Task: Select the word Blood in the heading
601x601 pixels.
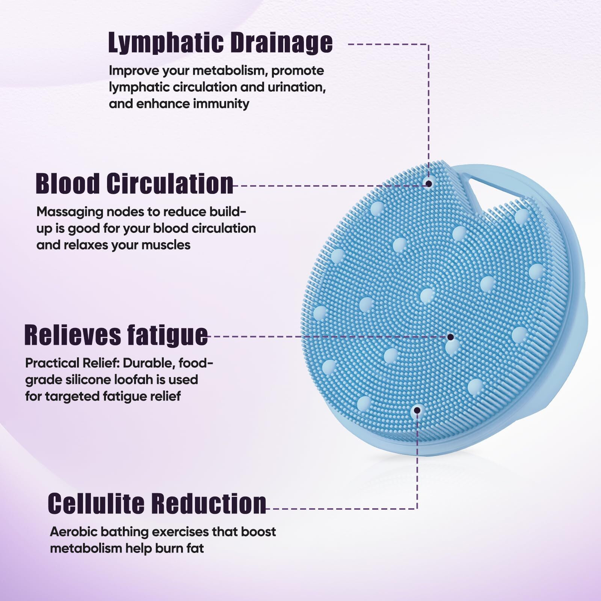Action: tap(68, 184)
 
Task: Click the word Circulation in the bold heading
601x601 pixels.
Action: tap(169, 184)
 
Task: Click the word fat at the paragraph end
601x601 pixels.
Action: tap(195, 548)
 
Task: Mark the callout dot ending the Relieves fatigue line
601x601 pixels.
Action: tap(450, 337)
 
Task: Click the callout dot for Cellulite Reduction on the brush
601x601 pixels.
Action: tap(416, 410)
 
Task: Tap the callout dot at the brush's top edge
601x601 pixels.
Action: tap(428, 183)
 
